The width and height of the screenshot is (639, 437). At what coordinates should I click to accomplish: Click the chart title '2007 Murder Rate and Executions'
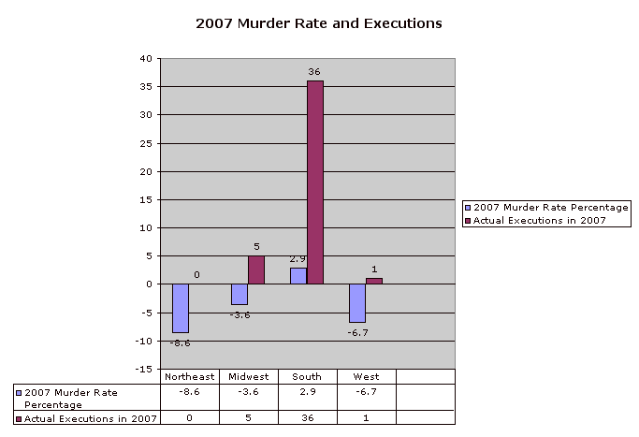(318, 22)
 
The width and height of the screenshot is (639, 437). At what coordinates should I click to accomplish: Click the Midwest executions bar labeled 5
(256, 269)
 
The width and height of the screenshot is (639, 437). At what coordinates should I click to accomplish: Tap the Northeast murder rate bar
(181, 308)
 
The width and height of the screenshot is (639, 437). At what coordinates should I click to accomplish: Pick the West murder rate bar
(357, 302)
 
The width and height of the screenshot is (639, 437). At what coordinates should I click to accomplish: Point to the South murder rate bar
(298, 276)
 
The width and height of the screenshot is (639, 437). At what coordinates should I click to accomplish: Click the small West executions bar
(374, 281)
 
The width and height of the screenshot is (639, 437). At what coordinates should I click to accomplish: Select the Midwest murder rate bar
(240, 294)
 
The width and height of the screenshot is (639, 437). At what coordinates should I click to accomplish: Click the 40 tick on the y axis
(145, 58)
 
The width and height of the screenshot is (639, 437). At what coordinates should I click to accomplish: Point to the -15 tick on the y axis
(143, 369)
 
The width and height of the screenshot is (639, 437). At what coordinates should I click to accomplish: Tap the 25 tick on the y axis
(145, 143)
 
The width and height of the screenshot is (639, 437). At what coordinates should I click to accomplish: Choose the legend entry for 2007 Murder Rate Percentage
(546, 207)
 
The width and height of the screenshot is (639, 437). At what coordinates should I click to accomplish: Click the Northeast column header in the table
(189, 376)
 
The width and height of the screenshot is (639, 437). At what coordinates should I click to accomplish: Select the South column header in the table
(307, 376)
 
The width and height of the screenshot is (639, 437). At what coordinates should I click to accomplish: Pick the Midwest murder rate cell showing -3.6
(248, 390)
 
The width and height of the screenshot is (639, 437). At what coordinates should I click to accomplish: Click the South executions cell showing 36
(307, 417)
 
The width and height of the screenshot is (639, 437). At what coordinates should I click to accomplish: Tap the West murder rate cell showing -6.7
(366, 390)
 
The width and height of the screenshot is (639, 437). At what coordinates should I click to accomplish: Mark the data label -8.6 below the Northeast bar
(181, 343)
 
